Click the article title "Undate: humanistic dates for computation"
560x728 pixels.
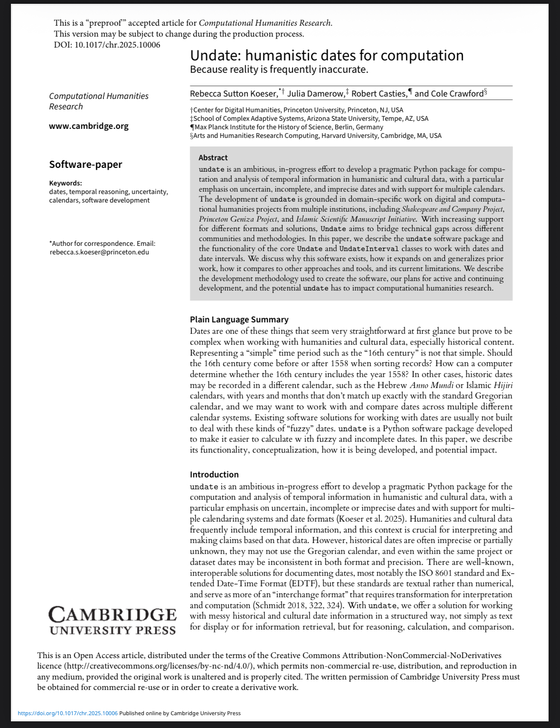click(x=327, y=56)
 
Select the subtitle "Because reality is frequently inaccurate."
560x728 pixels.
click(x=279, y=69)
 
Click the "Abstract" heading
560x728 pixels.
click(x=213, y=157)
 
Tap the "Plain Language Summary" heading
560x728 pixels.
click(x=239, y=320)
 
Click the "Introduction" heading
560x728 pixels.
click(x=214, y=475)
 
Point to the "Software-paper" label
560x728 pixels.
click(x=85, y=165)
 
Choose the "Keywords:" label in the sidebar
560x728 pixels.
click(x=66, y=183)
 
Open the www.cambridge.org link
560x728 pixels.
click(x=89, y=126)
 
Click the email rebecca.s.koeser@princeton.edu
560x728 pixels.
click(x=99, y=252)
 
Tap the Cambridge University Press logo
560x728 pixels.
click(x=112, y=621)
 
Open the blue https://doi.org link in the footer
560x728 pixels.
click(x=67, y=713)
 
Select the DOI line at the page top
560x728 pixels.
click(x=107, y=45)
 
